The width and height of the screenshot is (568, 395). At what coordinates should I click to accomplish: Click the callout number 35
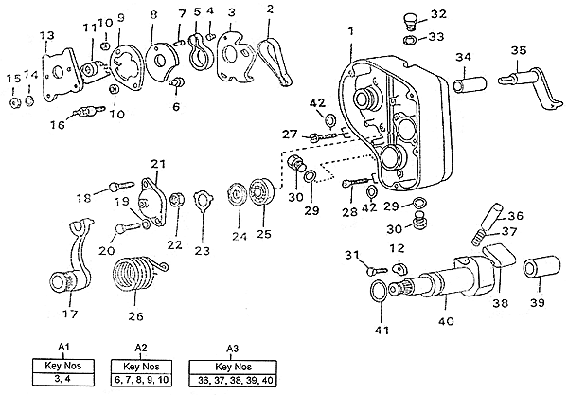coord(518,50)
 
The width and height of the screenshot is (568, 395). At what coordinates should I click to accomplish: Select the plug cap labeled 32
coord(410,19)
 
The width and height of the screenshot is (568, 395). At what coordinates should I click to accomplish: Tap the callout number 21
coord(159,164)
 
